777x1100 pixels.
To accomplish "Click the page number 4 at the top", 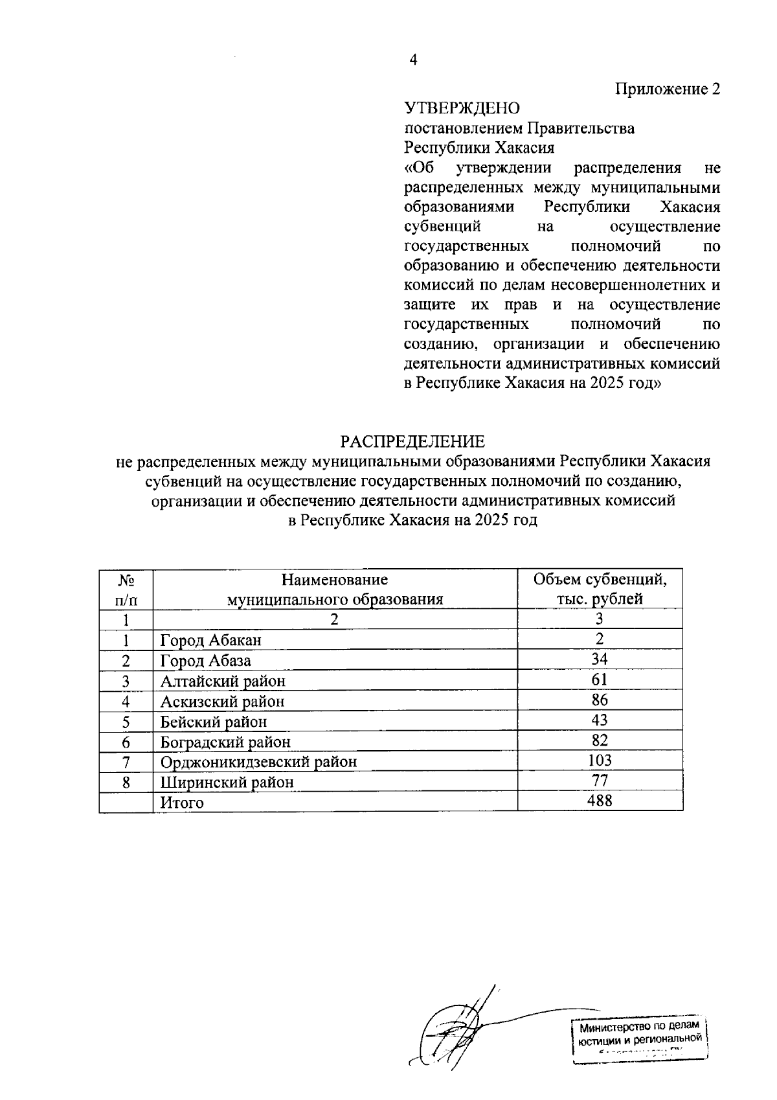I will (x=413, y=60).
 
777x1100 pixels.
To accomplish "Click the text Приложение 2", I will (x=667, y=89).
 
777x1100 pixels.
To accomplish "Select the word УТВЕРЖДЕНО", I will (x=462, y=108).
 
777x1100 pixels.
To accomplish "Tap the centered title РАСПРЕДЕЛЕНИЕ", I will (x=412, y=442).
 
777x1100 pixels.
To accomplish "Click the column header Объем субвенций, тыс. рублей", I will (x=600, y=589).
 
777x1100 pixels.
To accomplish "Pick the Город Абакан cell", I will (x=211, y=641).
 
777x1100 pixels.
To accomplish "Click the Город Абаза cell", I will (x=206, y=661).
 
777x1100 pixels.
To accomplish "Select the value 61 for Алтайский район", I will (x=600, y=680).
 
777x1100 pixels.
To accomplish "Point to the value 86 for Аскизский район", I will (x=600, y=700).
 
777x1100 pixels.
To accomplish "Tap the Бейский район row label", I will (x=214, y=722).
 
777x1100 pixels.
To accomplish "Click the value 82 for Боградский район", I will (x=600, y=740).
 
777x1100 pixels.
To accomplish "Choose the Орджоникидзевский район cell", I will (x=258, y=762).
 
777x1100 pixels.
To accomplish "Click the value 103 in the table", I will (x=600, y=761).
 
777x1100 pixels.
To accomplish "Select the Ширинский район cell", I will (x=227, y=783).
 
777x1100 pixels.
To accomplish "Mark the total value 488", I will (x=600, y=801).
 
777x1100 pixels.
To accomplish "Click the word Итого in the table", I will (x=182, y=803).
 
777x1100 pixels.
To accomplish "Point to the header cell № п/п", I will (x=126, y=589).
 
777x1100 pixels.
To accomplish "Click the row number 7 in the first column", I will (x=126, y=762).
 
